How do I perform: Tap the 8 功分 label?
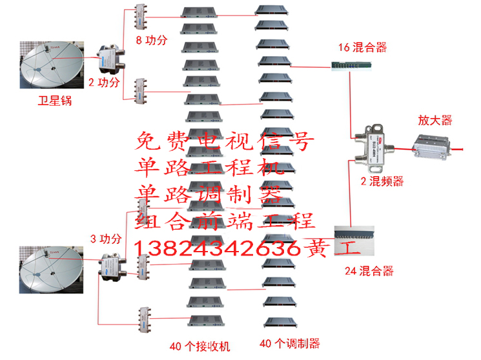151,40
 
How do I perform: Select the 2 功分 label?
104,82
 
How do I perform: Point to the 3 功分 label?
106,238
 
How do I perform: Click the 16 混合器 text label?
363,47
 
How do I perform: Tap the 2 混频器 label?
382,183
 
